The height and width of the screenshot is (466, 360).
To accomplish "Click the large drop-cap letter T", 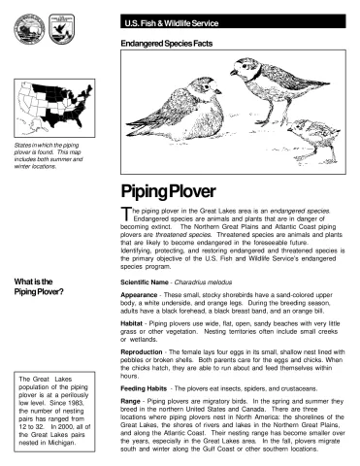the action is click(x=126, y=214).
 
